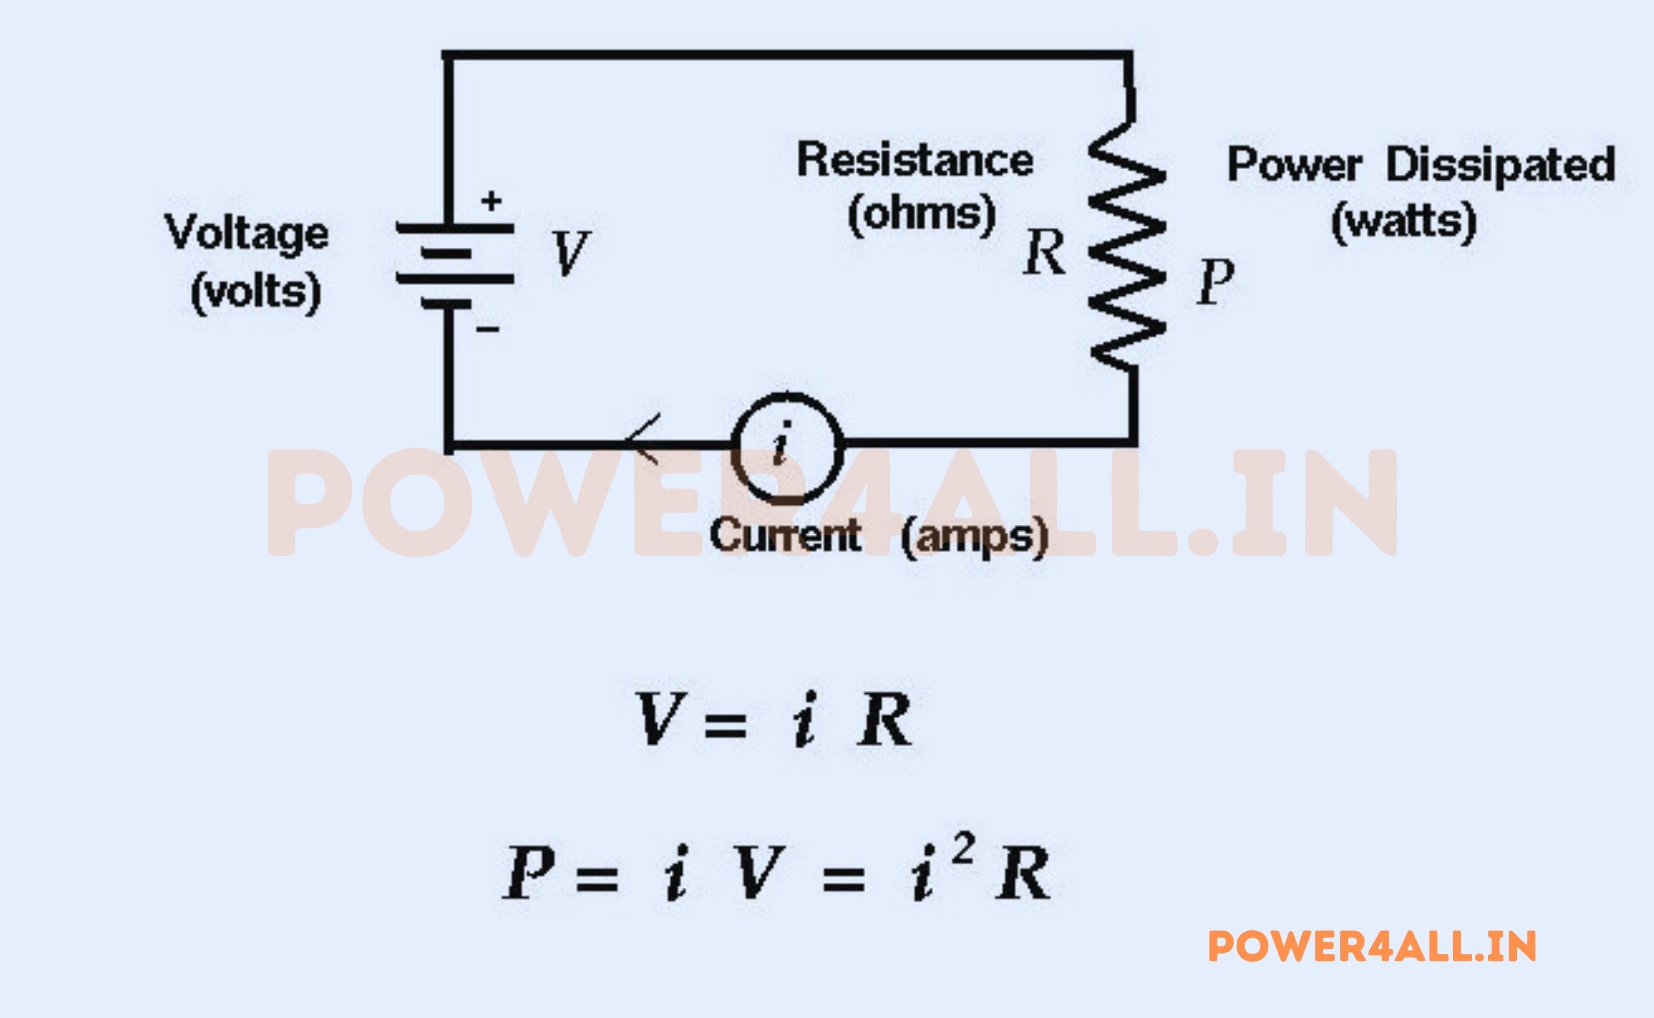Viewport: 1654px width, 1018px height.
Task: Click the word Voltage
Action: click(246, 234)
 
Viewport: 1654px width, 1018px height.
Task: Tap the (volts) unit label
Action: click(256, 292)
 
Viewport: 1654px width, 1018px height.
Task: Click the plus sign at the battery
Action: click(492, 200)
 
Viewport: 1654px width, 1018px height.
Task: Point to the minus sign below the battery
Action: click(488, 329)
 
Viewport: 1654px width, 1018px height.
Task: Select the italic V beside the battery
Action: click(571, 253)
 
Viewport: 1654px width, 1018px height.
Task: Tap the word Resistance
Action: click(915, 160)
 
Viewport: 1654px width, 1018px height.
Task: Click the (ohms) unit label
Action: click(921, 214)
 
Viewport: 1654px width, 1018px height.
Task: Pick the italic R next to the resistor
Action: click(1044, 253)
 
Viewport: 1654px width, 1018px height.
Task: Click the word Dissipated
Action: click(1500, 165)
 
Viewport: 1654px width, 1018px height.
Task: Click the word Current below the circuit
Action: click(785, 536)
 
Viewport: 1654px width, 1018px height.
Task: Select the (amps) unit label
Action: click(974, 537)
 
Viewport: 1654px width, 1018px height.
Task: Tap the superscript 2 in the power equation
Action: click(963, 850)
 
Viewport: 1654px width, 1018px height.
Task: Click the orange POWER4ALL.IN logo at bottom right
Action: click(1372, 946)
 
